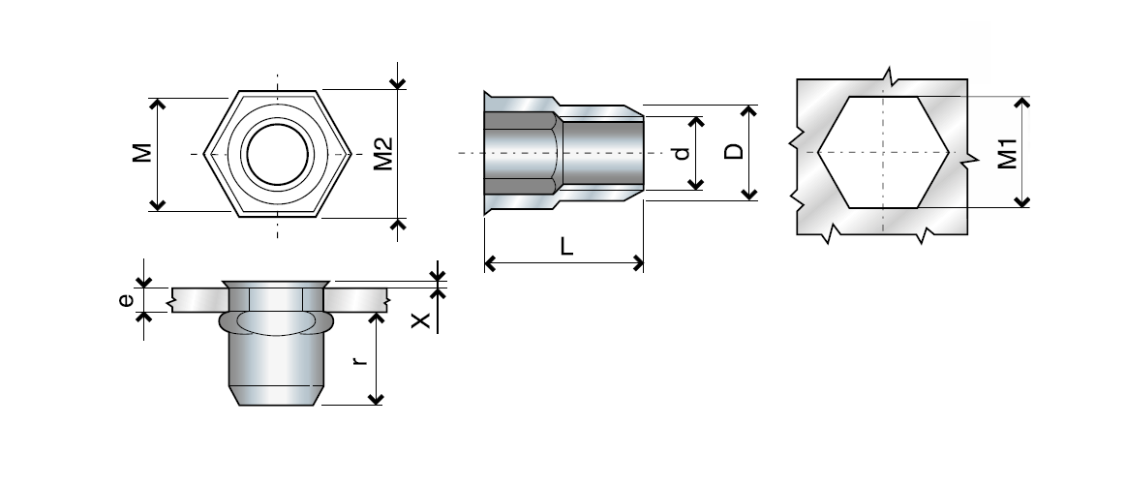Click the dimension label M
pyautogui.click(x=142, y=153)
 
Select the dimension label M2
pyautogui.click(x=382, y=154)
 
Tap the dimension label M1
pyautogui.click(x=1007, y=153)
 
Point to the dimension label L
pyautogui.click(x=566, y=246)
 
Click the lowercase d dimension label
pyautogui.click(x=681, y=153)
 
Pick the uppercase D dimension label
pyautogui.click(x=734, y=153)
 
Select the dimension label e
pyautogui.click(x=126, y=300)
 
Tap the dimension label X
pyautogui.click(x=421, y=320)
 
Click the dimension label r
pyautogui.click(x=359, y=360)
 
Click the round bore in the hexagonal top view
pyautogui.click(x=277, y=154)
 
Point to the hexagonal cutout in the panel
pyautogui.click(x=882, y=152)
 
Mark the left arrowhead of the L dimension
pyautogui.click(x=489, y=262)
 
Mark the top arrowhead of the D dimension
pyautogui.click(x=748, y=110)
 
